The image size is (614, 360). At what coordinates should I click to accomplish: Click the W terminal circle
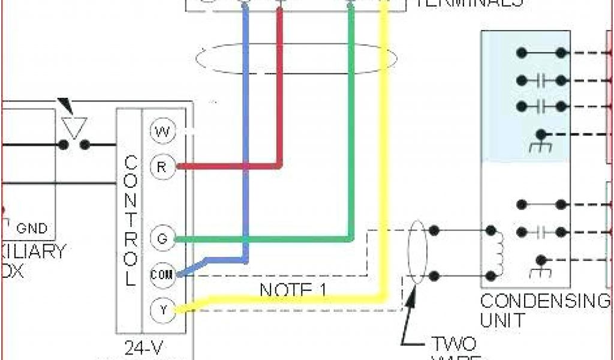click(161, 132)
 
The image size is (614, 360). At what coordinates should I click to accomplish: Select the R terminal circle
click(161, 167)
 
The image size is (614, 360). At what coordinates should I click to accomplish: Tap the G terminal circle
click(161, 238)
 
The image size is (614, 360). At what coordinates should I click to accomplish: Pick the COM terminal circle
click(161, 275)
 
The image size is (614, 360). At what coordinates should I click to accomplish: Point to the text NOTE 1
click(294, 290)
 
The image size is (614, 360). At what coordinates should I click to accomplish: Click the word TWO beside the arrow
click(453, 344)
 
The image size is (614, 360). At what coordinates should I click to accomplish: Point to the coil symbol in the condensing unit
click(498, 253)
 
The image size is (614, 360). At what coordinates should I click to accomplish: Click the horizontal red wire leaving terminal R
click(228, 166)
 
